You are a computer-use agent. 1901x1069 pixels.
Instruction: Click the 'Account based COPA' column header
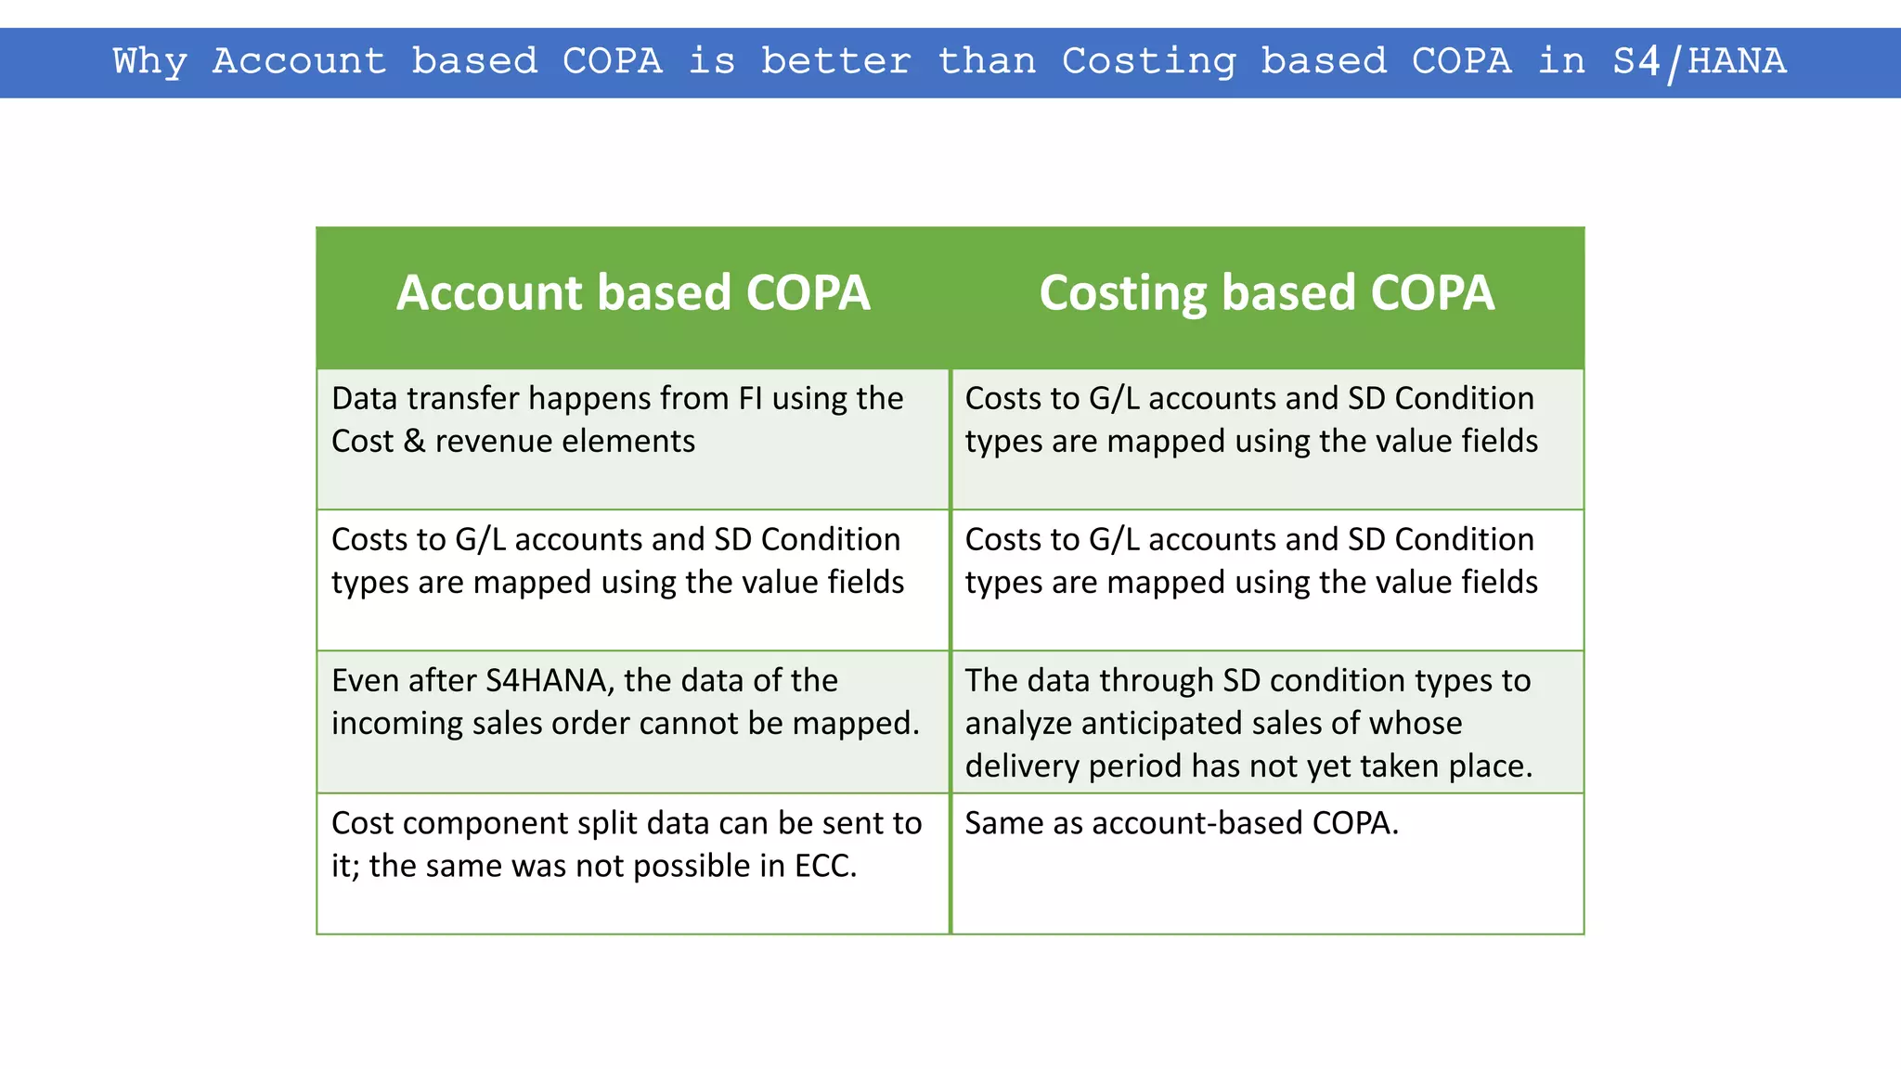(x=633, y=293)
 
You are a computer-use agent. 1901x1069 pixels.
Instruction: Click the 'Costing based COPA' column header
(x=1266, y=293)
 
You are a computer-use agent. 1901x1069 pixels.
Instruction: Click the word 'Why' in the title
(x=149, y=62)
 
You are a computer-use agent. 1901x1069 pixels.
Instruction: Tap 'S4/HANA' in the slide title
(x=1699, y=62)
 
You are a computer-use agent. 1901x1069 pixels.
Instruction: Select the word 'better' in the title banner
(x=835, y=62)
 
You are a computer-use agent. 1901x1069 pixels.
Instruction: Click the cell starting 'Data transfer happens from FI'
(x=633, y=438)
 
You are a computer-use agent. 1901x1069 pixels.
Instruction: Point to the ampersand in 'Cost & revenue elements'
(x=414, y=442)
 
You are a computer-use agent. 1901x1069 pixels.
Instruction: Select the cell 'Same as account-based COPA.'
(x=1266, y=863)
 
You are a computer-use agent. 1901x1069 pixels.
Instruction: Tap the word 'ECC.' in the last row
(x=825, y=867)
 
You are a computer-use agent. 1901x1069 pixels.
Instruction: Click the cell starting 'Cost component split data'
(x=633, y=863)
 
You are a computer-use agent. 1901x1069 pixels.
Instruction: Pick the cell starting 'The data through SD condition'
(x=1266, y=722)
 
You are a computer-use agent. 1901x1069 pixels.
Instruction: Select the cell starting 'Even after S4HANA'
(x=633, y=722)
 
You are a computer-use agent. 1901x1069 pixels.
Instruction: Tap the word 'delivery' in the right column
(x=1022, y=766)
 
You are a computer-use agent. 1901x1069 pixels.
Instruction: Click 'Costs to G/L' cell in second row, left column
(x=633, y=580)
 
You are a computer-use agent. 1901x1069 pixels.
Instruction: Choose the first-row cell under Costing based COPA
(x=1266, y=438)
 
